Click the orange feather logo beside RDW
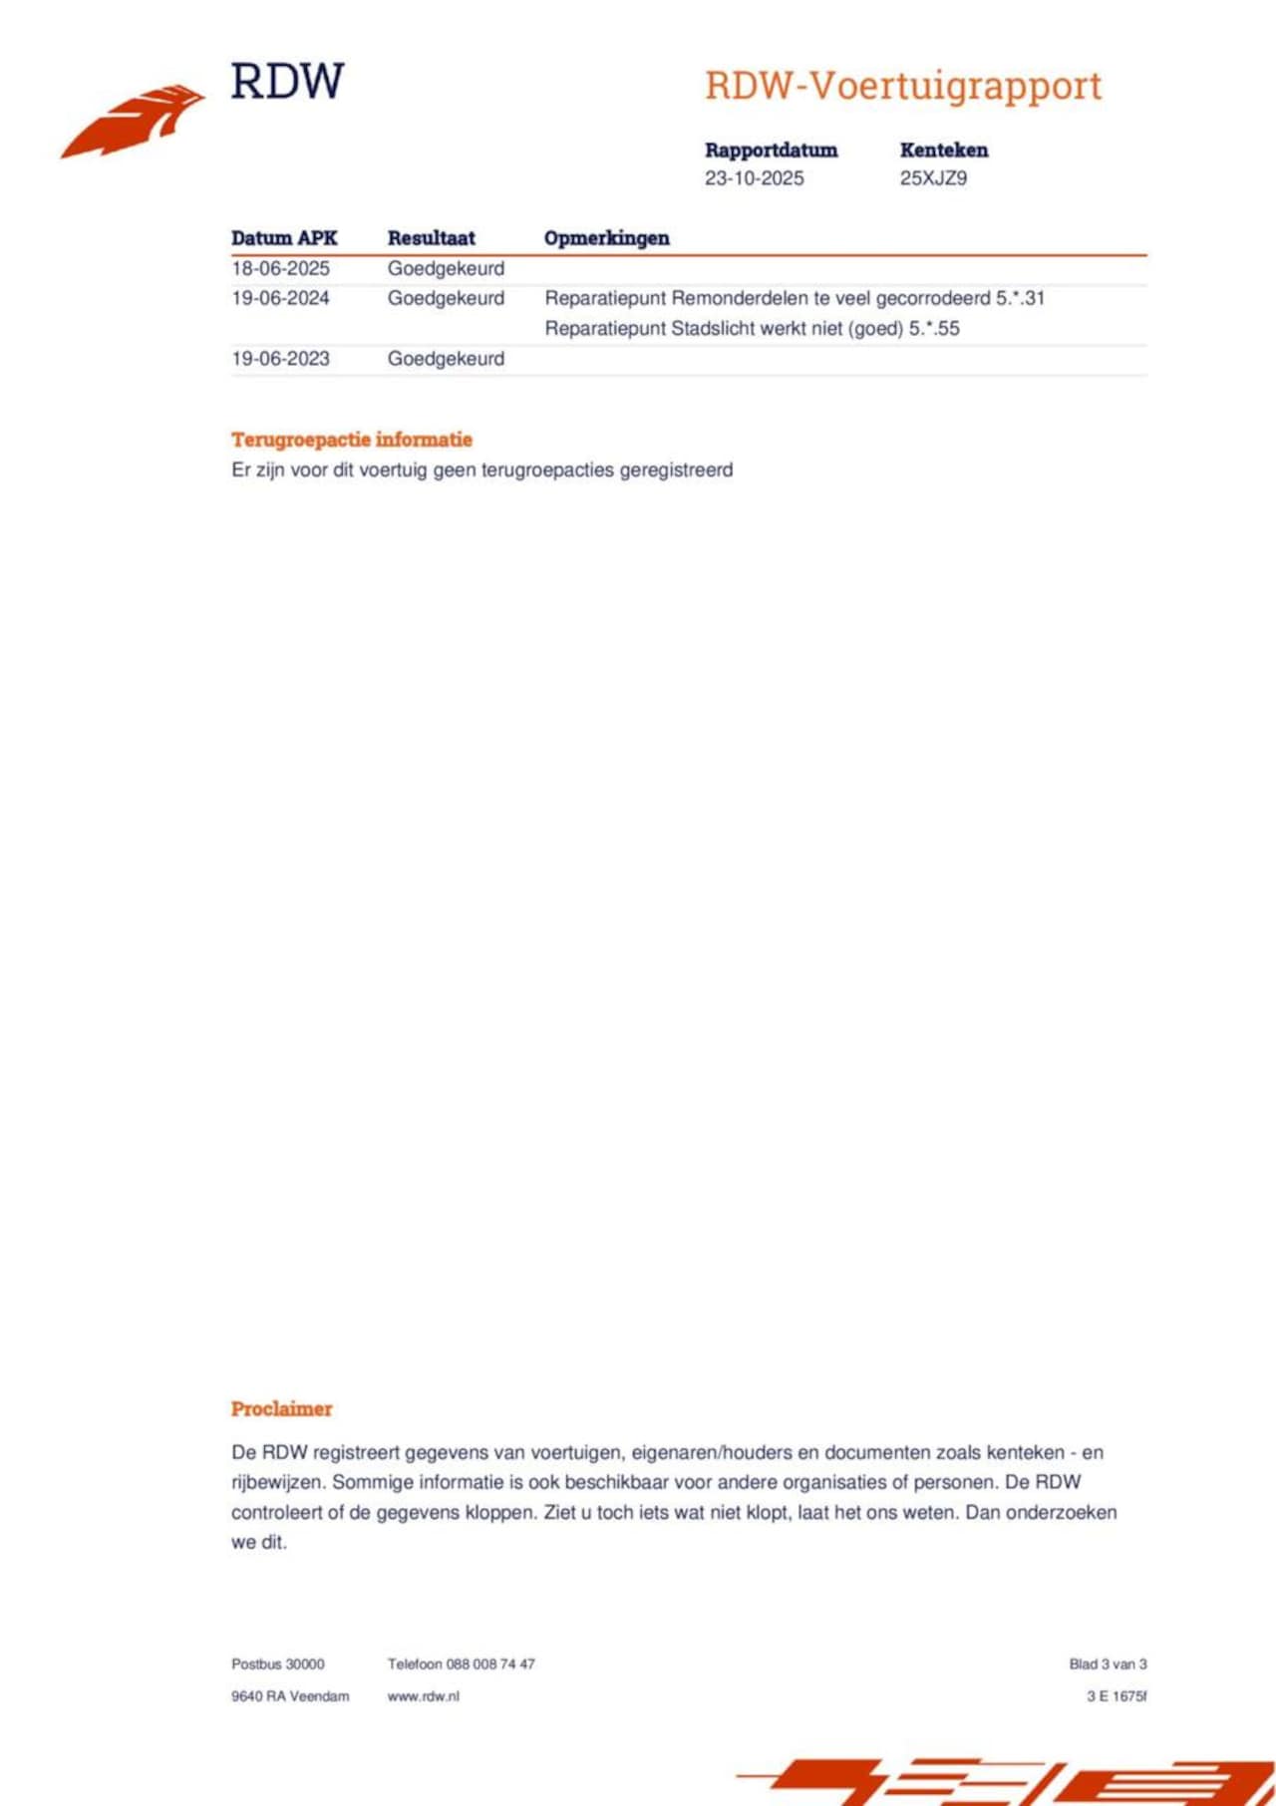133,121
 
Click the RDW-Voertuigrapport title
903,86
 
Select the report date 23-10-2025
754,178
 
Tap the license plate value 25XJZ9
933,178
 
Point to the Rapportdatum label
771,150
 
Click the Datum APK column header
284,238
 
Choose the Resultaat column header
431,238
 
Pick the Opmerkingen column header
606,238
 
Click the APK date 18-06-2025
280,268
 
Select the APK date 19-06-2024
280,298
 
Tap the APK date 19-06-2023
280,359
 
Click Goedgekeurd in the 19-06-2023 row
446,359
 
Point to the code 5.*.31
1020,298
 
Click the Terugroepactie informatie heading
351,440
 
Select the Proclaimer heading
281,1408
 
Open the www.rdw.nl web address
423,1695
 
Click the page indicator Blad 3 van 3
1108,1663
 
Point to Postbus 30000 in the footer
277,1663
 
